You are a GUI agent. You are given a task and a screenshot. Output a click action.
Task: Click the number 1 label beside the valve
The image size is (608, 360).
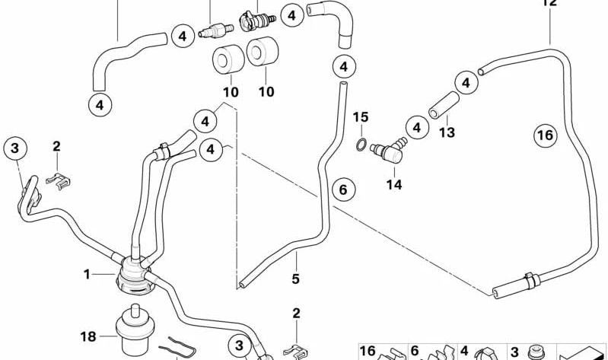click(x=88, y=273)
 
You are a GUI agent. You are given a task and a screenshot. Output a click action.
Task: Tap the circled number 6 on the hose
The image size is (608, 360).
click(x=342, y=189)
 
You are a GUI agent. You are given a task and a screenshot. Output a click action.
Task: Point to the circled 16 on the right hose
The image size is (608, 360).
click(x=543, y=136)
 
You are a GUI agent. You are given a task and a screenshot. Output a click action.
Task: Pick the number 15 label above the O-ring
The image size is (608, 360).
click(x=360, y=117)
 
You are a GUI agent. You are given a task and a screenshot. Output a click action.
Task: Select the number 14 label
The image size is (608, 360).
click(x=394, y=183)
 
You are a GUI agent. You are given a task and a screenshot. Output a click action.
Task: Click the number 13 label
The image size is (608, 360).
click(x=446, y=132)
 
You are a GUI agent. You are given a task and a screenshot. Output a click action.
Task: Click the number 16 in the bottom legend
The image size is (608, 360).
click(x=368, y=351)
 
